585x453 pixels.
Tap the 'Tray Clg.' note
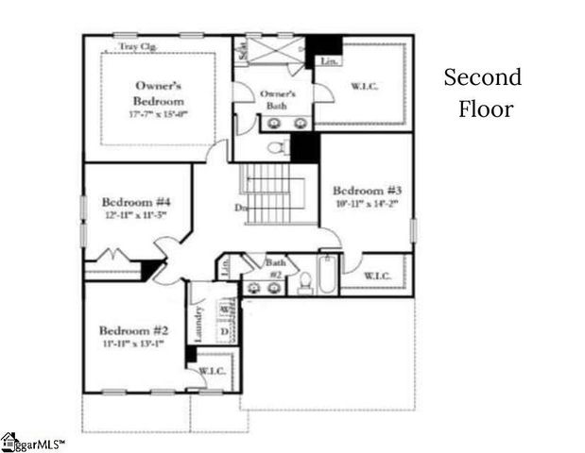138,46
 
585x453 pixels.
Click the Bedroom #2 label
133,330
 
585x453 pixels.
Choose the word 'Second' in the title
482,77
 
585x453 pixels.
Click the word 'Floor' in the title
486,109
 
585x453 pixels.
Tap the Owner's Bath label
278,99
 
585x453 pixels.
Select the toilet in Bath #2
305,283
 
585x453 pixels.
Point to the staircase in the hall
272,193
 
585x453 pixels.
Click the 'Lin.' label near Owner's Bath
329,62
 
